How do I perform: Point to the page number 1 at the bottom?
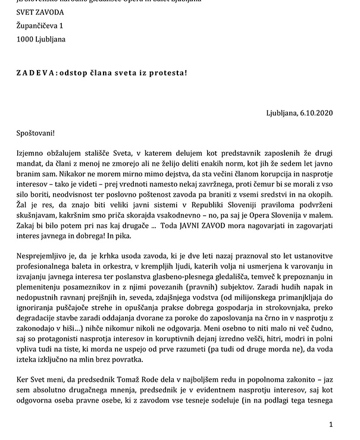pos(331,424)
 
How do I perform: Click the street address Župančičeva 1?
pos(40,26)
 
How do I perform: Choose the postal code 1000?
pos(25,40)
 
